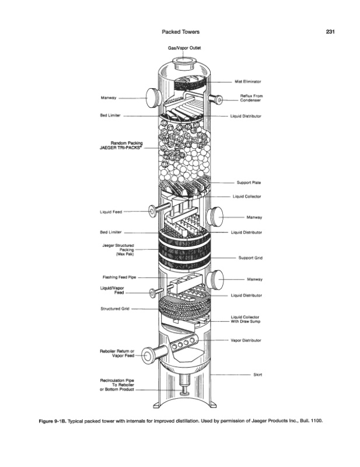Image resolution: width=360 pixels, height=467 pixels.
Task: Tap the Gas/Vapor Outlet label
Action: (x=184, y=47)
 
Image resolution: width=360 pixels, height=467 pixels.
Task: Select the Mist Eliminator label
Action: (x=247, y=82)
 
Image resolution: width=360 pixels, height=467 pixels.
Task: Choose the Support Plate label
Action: (x=249, y=182)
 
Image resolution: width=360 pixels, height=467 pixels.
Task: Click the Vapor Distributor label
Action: (x=246, y=340)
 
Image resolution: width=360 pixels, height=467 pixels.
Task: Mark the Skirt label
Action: (x=257, y=375)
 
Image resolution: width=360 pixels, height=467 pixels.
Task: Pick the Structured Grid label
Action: (x=115, y=309)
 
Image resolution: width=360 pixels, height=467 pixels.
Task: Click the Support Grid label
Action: (x=250, y=257)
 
